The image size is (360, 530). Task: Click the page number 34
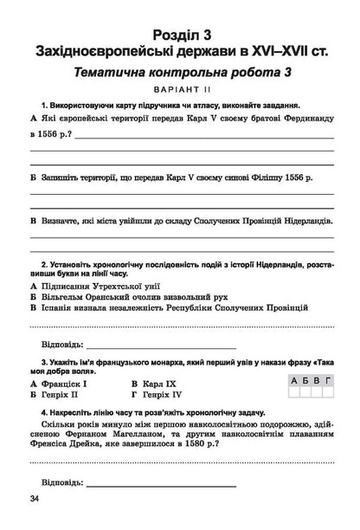click(34, 498)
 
